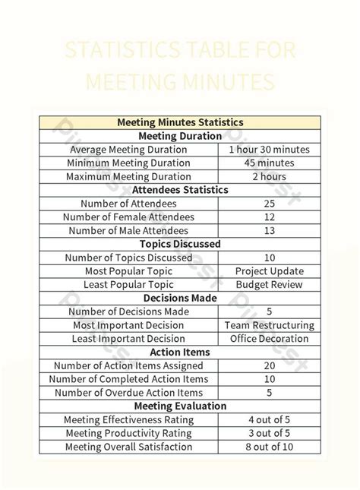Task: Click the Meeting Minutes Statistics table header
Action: [180, 122]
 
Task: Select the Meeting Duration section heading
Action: [180, 135]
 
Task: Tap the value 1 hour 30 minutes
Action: [269, 149]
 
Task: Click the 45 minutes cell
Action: [269, 163]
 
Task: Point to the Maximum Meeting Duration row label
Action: [128, 176]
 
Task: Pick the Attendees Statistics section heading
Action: [180, 190]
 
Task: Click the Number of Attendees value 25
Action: [269, 204]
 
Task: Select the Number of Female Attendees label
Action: [128, 217]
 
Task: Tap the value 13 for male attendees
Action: [269, 230]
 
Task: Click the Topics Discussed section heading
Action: [180, 244]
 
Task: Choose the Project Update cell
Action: [269, 271]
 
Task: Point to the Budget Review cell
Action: [269, 285]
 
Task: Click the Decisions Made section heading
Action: [180, 298]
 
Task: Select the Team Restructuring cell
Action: [269, 325]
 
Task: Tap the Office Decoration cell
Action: [269, 339]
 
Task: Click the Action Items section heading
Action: [180, 352]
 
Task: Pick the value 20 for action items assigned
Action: [269, 365]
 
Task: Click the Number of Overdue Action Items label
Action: [128, 393]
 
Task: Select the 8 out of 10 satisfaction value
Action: [269, 447]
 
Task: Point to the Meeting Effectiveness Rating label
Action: [128, 420]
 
